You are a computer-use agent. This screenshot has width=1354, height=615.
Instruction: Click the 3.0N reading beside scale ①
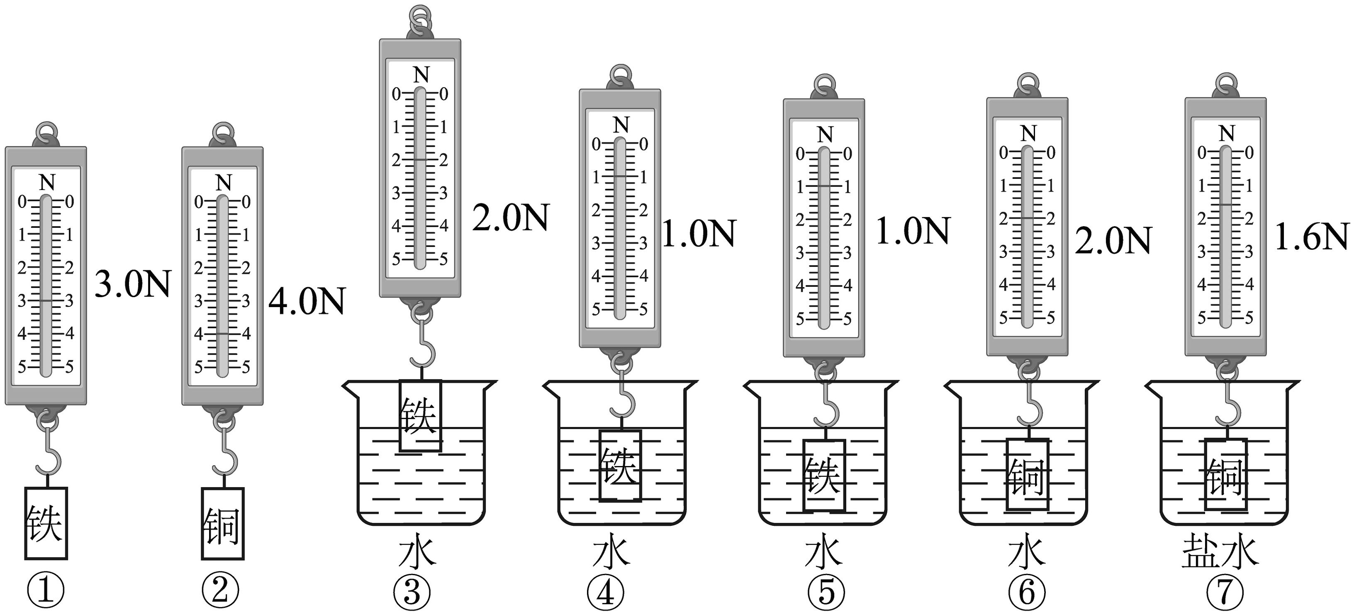pos(133,284)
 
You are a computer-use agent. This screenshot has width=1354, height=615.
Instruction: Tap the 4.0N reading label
pos(307,301)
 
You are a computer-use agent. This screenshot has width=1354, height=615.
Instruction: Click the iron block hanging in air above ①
pos(46,523)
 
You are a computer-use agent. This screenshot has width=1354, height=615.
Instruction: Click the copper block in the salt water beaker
pos(1226,475)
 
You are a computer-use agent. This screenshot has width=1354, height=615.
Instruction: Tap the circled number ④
pos(606,593)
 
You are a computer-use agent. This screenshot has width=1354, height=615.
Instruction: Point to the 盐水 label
pos(1220,552)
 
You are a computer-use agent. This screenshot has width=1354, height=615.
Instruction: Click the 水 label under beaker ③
pos(417,552)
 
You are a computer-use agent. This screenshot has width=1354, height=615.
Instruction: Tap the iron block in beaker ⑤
pos(824,475)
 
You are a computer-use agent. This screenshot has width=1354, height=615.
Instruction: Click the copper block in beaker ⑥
pos(1028,475)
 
